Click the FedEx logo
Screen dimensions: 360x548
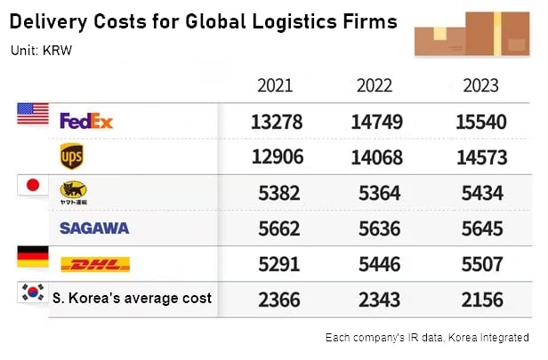pos(86,120)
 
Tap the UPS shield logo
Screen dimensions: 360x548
pos(72,156)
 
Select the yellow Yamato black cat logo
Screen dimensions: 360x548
pos(72,191)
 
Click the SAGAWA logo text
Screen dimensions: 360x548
pos(94,228)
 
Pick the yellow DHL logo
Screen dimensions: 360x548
pos(94,264)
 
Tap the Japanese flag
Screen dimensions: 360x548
pos(33,185)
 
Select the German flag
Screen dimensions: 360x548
pos(33,257)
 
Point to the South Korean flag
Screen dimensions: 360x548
pos(33,293)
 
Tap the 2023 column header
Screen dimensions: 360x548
pos(480,86)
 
